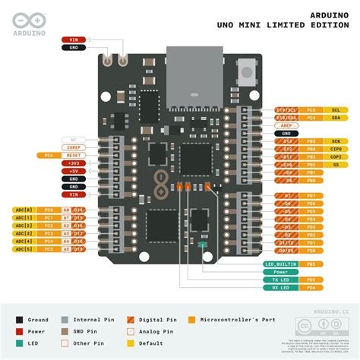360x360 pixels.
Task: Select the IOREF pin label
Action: pyautogui.click(x=74, y=147)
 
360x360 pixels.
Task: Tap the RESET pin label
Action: pyautogui.click(x=74, y=155)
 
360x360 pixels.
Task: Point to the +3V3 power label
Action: pyautogui.click(x=74, y=163)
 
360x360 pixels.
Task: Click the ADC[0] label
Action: pyautogui.click(x=24, y=209)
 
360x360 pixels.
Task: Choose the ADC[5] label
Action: pyautogui.click(x=24, y=249)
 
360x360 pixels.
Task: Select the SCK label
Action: pyautogui.click(x=335, y=141)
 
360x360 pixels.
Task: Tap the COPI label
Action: pyautogui.click(x=335, y=156)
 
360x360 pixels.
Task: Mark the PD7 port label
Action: pyautogui.click(x=311, y=195)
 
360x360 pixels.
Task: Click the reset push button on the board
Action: pyautogui.click(x=245, y=74)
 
